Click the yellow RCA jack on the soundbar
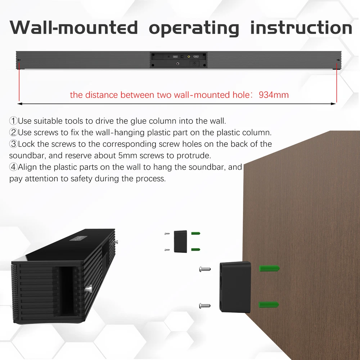pos(189,57)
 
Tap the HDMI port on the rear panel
pos(196,57)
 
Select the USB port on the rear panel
pos(175,57)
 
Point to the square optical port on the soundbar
pos(182,57)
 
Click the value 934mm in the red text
pos(274,95)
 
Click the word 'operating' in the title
pos(194,28)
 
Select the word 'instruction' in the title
pos(301,27)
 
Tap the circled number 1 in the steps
pos(13,121)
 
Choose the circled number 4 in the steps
pos(13,167)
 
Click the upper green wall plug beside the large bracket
pos(269,268)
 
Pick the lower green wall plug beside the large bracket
pos(269,305)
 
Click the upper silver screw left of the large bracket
pos(205,269)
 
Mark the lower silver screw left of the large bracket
pos(204,306)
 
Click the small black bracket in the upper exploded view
pos(180,242)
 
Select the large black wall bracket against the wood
pos(235,287)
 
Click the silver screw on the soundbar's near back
pos(89,288)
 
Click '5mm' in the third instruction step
pos(128,156)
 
